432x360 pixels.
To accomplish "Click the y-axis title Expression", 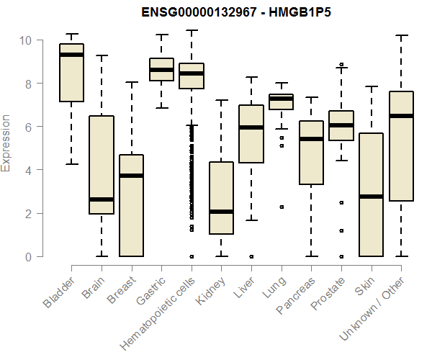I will coord(7,143).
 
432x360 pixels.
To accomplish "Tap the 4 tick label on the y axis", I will coord(27,171).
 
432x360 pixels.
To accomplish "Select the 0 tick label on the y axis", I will coord(27,257).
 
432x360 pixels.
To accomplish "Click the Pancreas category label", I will coord(294,294).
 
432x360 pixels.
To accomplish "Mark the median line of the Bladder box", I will coord(71,55).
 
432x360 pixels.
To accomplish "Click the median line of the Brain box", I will coord(102,199).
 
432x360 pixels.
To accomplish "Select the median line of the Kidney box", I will coord(221,212).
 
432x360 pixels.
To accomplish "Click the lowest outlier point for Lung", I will coord(281,207).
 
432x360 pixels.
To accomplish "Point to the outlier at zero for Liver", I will coord(251,256).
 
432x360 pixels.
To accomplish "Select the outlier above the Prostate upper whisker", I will coord(341,64).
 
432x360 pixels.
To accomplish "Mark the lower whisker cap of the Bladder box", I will coord(71,164).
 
